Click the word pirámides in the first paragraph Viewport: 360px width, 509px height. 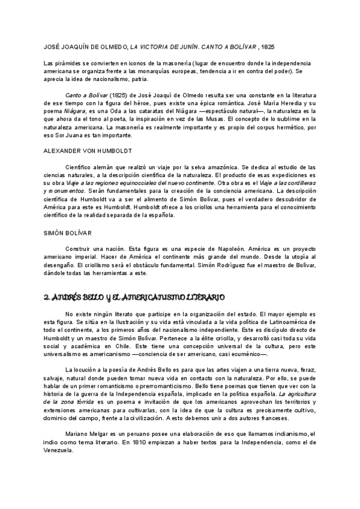[x=68, y=63]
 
